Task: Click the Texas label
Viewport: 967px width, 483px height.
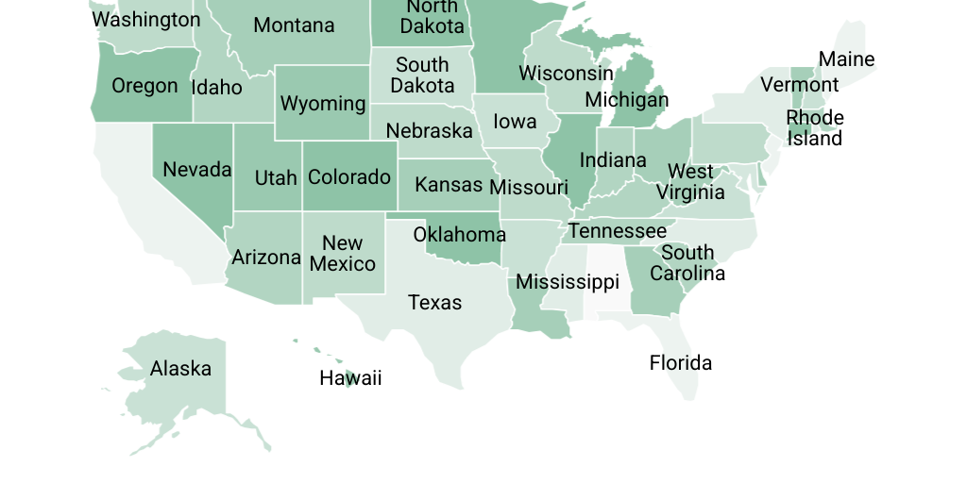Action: pos(434,303)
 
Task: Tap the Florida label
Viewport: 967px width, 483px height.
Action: pos(680,363)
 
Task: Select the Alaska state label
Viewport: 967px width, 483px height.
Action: pos(180,369)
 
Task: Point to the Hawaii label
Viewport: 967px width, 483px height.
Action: pos(350,379)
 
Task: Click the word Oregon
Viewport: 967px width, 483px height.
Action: pos(144,86)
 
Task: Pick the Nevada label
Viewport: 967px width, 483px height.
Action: pos(196,170)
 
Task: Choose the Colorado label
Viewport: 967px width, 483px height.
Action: pos(348,177)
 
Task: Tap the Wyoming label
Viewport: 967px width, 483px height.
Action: pos(322,104)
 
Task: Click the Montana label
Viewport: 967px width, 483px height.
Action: pos(294,25)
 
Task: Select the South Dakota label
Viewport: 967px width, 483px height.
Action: pos(422,75)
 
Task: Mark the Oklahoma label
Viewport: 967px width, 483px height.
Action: pos(459,235)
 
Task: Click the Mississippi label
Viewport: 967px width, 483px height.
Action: pos(567,282)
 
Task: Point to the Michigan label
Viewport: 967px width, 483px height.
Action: pos(626,100)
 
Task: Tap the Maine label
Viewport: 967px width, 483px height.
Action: pos(846,59)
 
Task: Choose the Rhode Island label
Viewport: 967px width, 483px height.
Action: pos(815,128)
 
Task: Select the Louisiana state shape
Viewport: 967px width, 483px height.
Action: pos(538,316)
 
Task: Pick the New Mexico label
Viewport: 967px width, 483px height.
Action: pos(342,254)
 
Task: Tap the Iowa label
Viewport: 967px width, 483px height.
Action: pos(515,122)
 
